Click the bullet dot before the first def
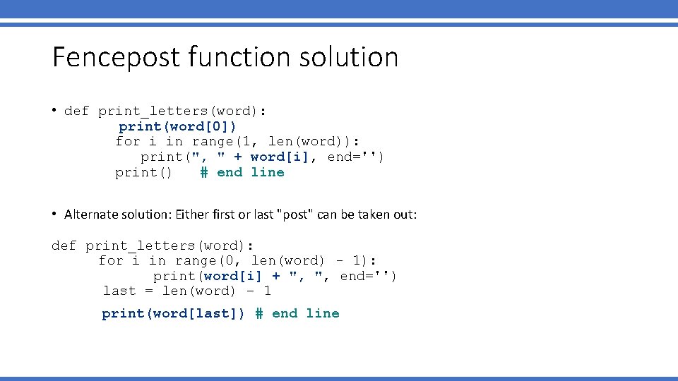click(x=54, y=110)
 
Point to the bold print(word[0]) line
click(x=177, y=126)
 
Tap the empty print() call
click(x=143, y=172)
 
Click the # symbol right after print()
click(x=203, y=172)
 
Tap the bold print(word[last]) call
click(x=173, y=313)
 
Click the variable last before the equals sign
click(x=119, y=291)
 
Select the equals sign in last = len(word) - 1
click(x=148, y=291)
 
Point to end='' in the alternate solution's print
click(x=368, y=276)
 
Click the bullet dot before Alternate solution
click(x=54, y=214)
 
